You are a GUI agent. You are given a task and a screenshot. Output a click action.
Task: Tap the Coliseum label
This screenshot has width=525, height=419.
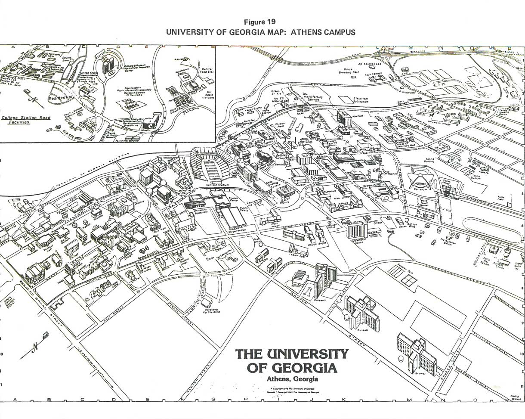click(421, 189)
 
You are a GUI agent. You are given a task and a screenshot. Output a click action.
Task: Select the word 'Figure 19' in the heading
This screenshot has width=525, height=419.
click(259, 22)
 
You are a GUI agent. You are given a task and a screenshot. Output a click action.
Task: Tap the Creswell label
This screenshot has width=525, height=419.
click(319, 300)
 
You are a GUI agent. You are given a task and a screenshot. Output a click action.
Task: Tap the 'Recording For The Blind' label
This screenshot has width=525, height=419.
click(210, 312)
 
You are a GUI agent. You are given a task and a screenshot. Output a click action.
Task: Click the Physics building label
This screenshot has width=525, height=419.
click(284, 201)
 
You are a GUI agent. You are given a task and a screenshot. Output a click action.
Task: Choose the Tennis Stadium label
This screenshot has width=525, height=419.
click(476, 177)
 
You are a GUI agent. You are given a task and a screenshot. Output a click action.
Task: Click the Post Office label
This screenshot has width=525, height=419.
click(257, 241)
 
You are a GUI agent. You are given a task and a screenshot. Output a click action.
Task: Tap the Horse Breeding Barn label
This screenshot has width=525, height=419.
click(349, 71)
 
